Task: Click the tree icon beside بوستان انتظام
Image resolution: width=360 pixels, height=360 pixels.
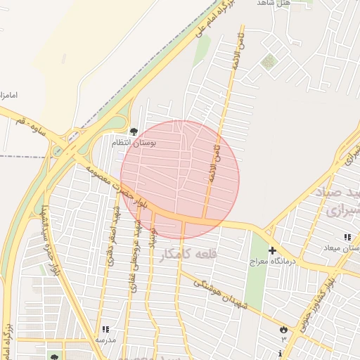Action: click(134, 131)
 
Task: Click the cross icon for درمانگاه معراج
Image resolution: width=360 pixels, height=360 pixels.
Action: click(272, 250)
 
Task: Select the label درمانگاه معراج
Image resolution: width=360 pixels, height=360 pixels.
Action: click(271, 262)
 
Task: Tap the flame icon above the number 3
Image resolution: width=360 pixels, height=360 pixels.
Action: click(283, 328)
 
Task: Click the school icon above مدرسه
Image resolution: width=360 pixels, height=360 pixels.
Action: click(105, 328)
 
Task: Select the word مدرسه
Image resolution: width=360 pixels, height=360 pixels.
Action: click(105, 340)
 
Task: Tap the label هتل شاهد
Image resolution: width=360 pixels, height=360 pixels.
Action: click(274, 4)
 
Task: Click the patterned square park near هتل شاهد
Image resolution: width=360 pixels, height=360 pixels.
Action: click(268, 63)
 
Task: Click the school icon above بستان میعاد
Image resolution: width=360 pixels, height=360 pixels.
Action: click(347, 237)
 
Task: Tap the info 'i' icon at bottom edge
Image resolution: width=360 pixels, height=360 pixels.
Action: click(281, 353)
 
